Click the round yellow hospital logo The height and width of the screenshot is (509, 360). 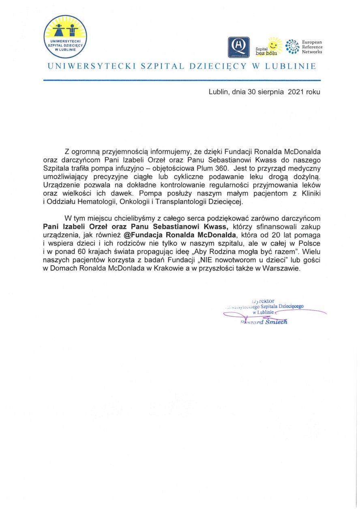click(65, 37)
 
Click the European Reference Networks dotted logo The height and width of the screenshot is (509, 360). click(292, 46)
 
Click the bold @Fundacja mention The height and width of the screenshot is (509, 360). click(145, 235)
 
